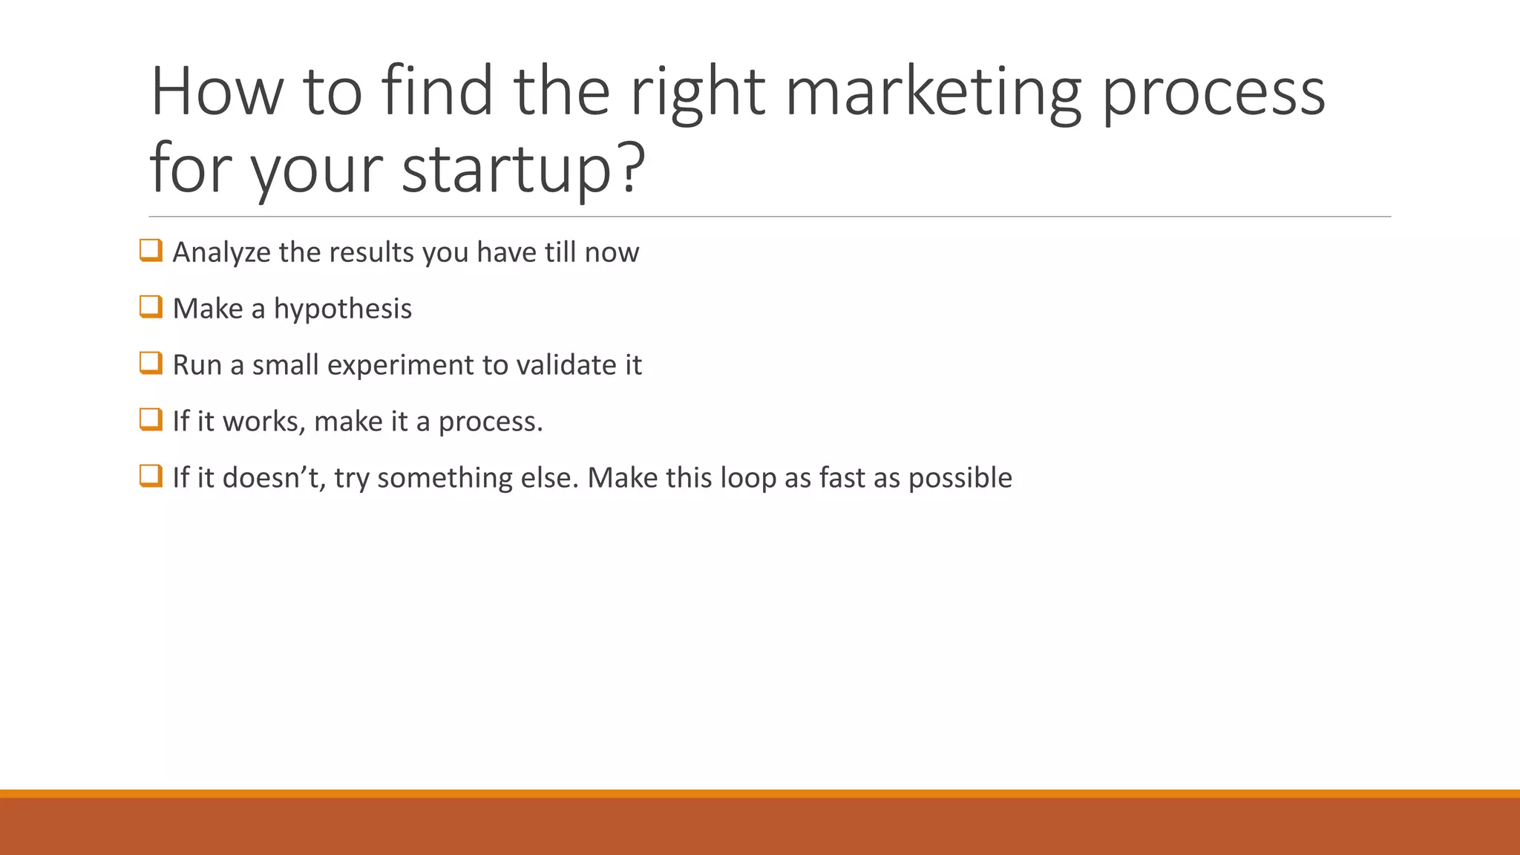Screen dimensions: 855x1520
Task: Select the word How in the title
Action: (x=217, y=92)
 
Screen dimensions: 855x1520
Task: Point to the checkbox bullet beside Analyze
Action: (x=151, y=250)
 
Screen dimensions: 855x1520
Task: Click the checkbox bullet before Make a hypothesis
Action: (x=151, y=307)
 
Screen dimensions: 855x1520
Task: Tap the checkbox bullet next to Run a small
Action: (x=151, y=363)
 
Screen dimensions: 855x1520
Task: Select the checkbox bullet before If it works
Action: (x=151, y=419)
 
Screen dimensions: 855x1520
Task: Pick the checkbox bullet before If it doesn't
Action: (x=151, y=476)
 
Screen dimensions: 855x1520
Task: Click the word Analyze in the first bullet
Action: (x=221, y=253)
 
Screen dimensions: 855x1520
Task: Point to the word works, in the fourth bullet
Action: (x=263, y=422)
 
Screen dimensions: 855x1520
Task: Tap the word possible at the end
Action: (x=960, y=478)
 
